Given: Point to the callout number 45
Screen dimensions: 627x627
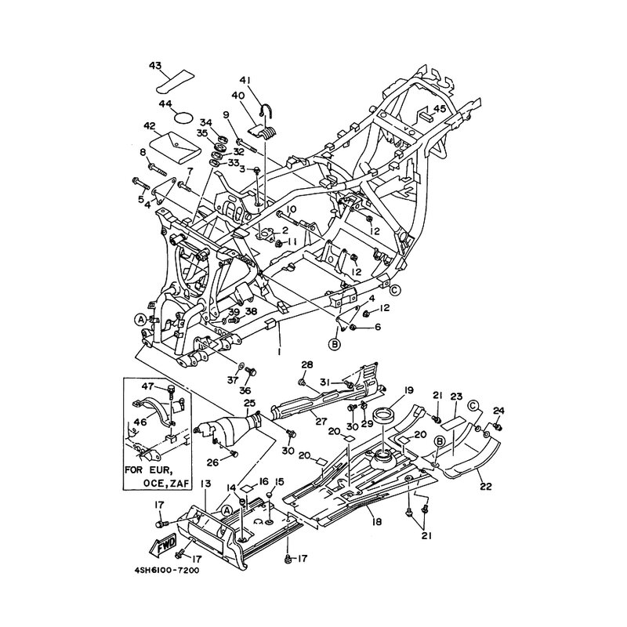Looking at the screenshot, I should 440,109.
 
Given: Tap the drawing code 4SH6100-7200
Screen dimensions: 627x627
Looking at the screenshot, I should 161,571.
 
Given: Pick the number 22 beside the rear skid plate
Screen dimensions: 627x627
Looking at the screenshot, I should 486,486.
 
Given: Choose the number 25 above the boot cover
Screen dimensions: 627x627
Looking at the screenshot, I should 250,403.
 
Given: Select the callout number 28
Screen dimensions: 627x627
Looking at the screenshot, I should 307,364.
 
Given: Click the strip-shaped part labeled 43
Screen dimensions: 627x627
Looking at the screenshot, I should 174,78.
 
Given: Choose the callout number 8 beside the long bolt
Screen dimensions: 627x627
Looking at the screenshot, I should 143,151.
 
